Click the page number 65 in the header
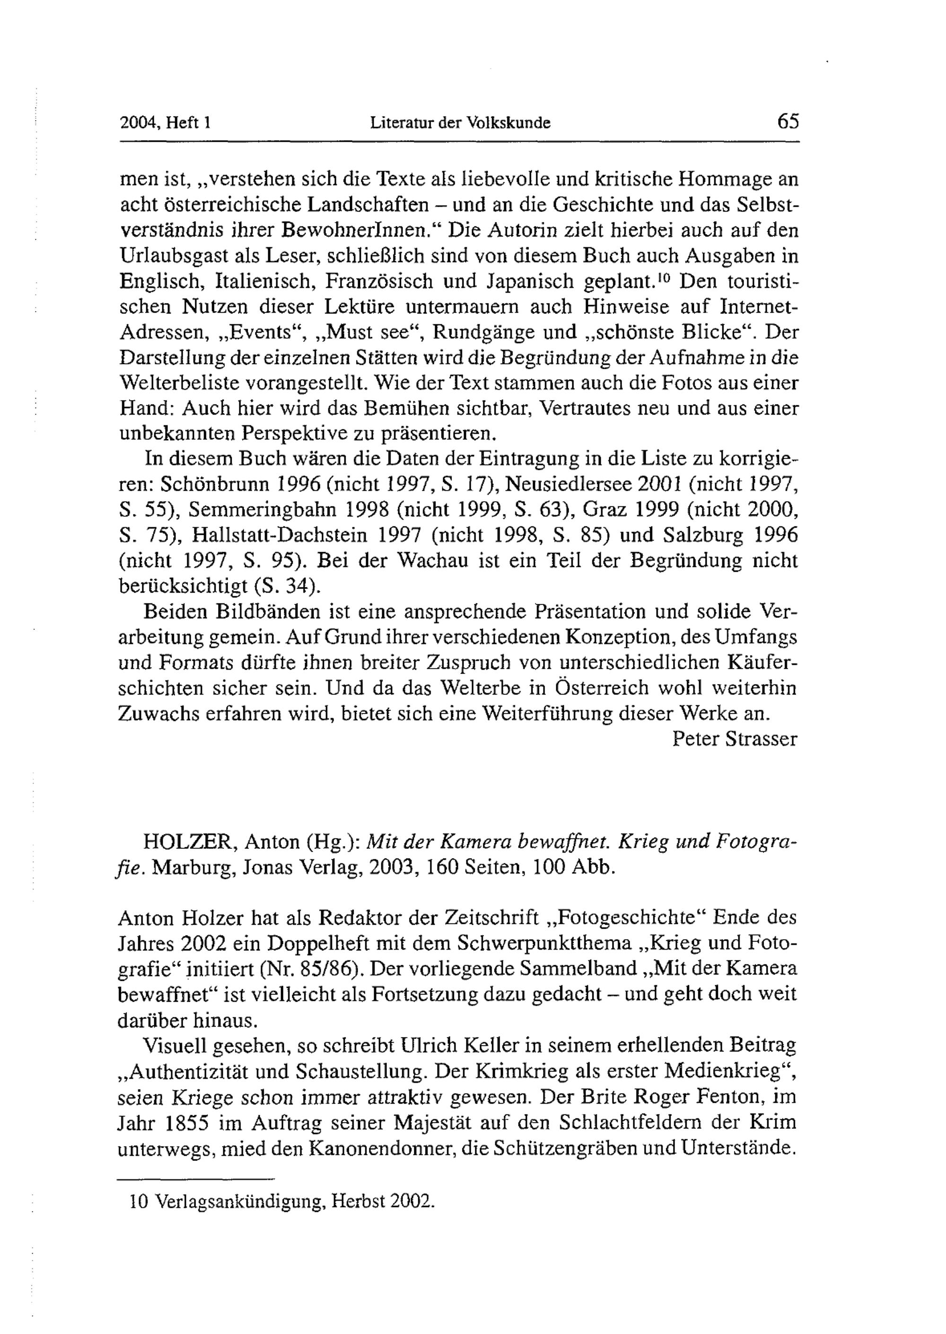788,122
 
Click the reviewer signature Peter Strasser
735,739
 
